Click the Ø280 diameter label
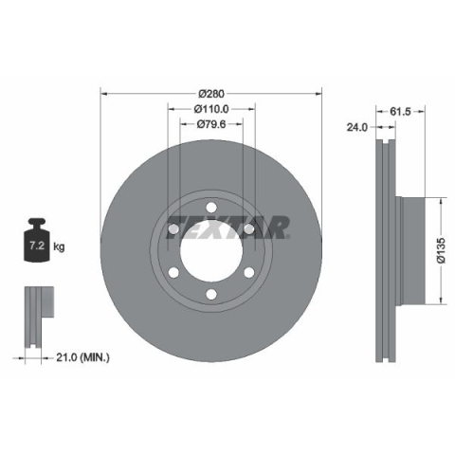click(x=211, y=94)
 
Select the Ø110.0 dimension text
click(x=211, y=109)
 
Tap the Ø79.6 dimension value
click(x=211, y=124)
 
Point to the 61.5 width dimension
click(x=400, y=111)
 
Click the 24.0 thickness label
click(x=357, y=127)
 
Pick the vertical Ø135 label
click(x=441, y=250)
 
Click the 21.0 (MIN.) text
click(x=82, y=357)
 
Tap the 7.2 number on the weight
click(x=37, y=246)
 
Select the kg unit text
click(x=59, y=246)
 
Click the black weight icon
click(x=37, y=240)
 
